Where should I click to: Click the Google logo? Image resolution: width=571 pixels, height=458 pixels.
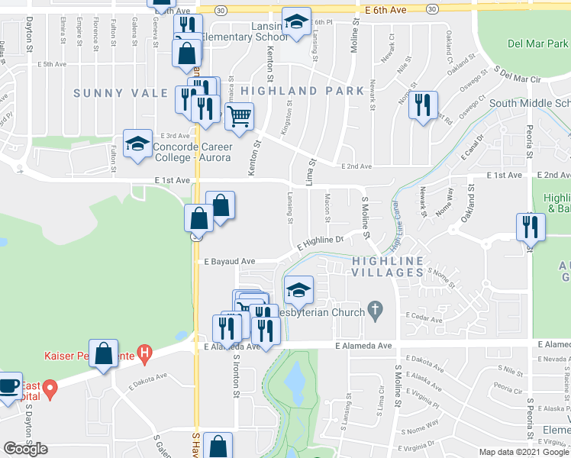[x=25, y=449]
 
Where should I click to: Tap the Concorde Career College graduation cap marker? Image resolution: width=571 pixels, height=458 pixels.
[x=137, y=144]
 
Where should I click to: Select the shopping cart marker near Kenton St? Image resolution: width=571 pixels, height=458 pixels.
[x=239, y=117]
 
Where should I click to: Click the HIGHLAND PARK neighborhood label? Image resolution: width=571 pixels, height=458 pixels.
[x=302, y=91]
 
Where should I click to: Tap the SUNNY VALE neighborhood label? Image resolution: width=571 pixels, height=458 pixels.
[x=121, y=93]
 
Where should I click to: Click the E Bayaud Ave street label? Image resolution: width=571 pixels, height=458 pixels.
[x=228, y=261]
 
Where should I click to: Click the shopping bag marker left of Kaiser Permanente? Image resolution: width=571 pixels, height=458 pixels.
[x=103, y=353]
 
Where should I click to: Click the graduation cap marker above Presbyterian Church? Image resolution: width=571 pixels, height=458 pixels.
[x=298, y=290]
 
